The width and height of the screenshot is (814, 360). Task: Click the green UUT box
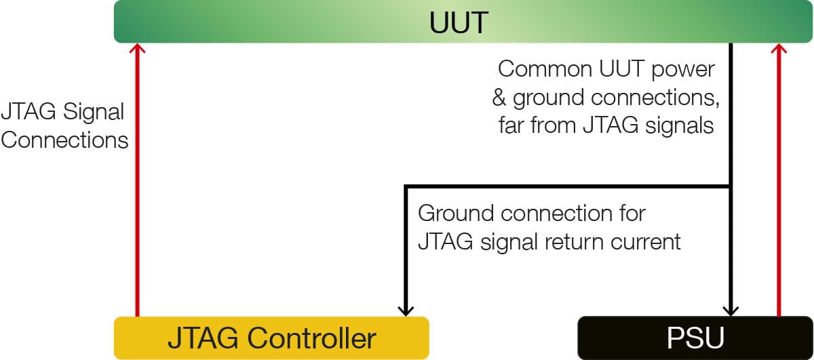463,22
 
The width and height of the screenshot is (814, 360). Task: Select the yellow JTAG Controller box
271,338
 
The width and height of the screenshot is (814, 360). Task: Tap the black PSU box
695,338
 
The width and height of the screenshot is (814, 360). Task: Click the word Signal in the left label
94,112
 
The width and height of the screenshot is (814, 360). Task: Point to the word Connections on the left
64,140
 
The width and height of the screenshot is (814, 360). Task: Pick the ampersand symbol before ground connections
499,98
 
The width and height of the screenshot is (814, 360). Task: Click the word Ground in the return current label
456,213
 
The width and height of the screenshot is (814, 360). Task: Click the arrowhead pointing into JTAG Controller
406,311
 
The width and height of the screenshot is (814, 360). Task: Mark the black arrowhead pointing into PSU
731,311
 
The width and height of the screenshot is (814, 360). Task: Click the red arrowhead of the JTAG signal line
137,49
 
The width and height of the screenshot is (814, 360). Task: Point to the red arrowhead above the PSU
779,49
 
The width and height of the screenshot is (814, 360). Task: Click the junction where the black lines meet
731,186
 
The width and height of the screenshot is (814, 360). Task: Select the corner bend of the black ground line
406,186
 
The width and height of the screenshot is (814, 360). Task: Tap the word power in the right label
683,70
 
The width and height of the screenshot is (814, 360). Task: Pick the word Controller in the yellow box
312,338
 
